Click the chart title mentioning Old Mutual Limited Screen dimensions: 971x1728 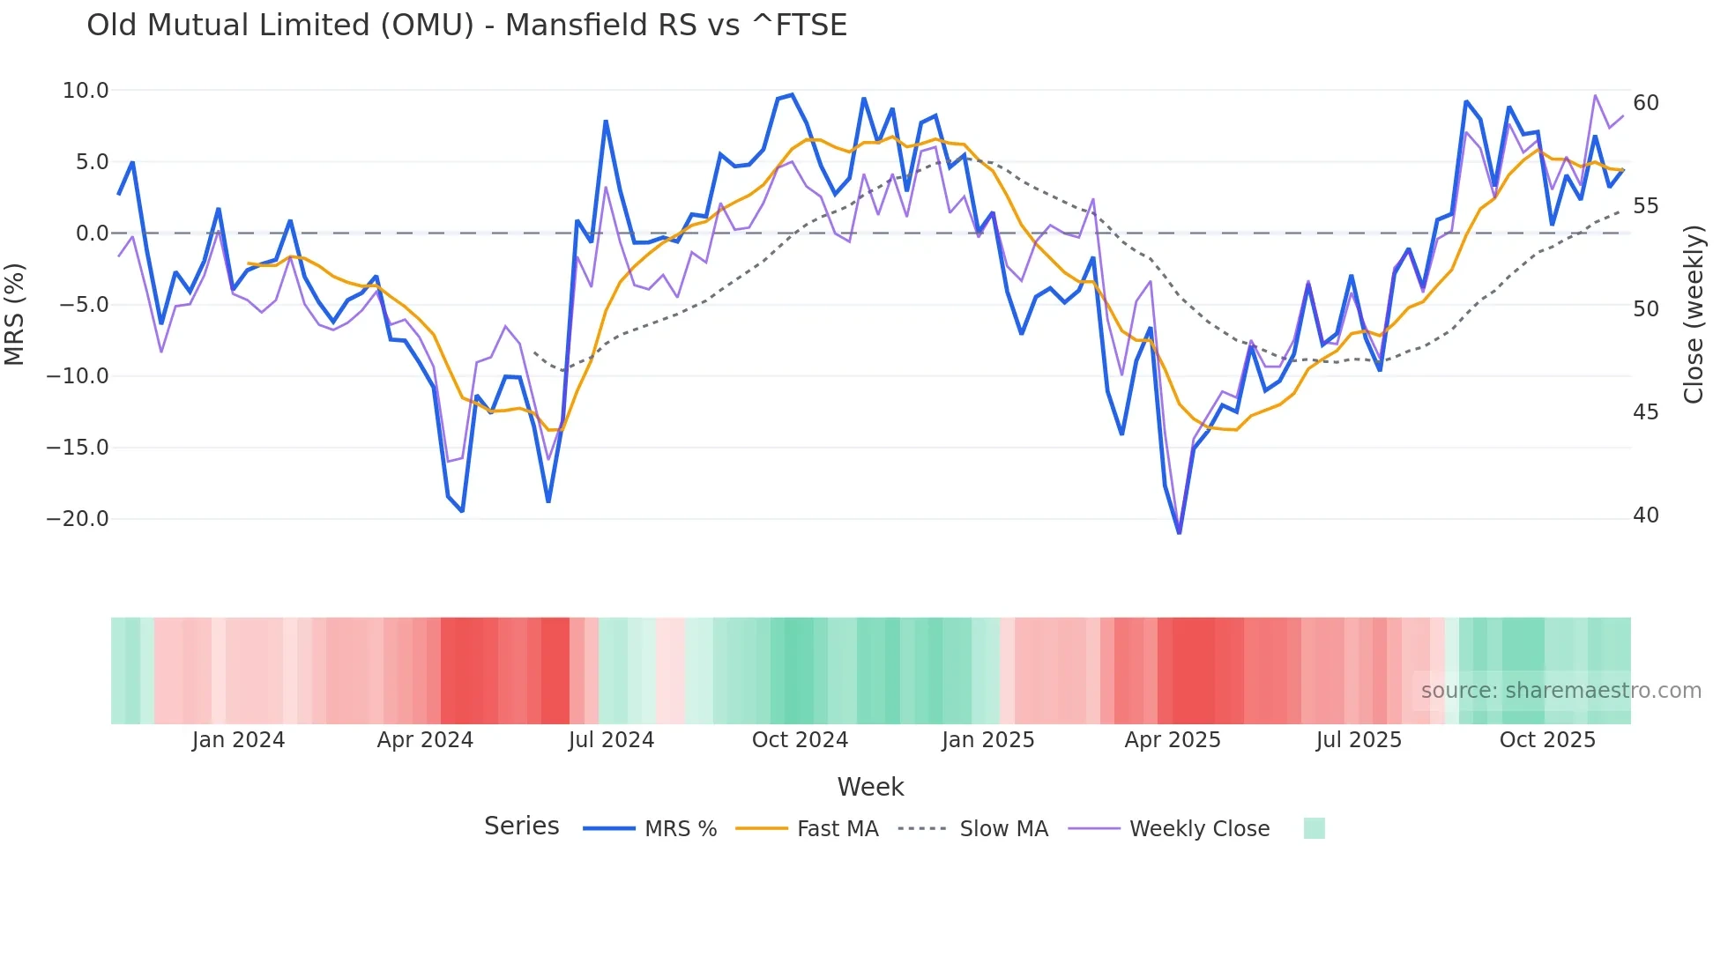coord(466,26)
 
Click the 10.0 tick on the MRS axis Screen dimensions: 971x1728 coord(86,91)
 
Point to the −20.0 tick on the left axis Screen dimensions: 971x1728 coord(78,519)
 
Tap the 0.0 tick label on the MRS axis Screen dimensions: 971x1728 coord(92,233)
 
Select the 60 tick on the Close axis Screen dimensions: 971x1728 coord(1645,103)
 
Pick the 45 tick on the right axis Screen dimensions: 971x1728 coord(1645,412)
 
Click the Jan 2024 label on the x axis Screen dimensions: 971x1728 coord(238,740)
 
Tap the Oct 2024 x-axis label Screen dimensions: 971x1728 coord(800,740)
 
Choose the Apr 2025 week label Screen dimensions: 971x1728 coord(1172,740)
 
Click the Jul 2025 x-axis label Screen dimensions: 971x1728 coord(1359,740)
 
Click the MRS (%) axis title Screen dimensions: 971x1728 coord(14,314)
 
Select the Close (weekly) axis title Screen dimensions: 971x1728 coord(1693,314)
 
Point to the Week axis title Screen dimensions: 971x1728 coord(870,787)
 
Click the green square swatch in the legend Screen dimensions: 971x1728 coord(1314,828)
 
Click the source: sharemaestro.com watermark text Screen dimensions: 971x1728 coord(1560,691)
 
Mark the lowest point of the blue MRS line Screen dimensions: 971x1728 coord(1179,532)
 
